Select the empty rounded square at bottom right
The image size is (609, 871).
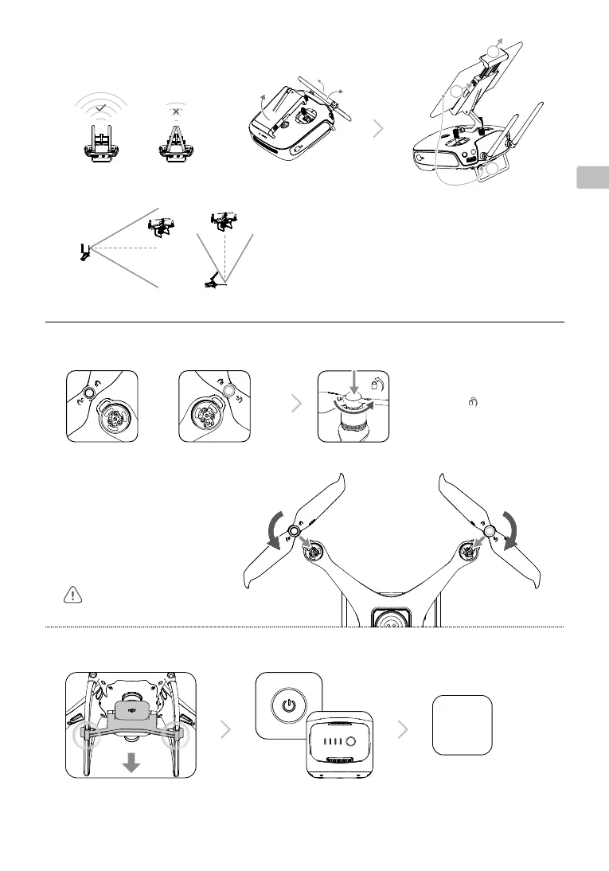click(462, 725)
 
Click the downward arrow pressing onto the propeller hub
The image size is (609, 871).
click(354, 383)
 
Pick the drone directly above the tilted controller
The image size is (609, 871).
click(221, 221)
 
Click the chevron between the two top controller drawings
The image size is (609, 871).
click(381, 130)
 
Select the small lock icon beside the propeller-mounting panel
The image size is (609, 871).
click(472, 403)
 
